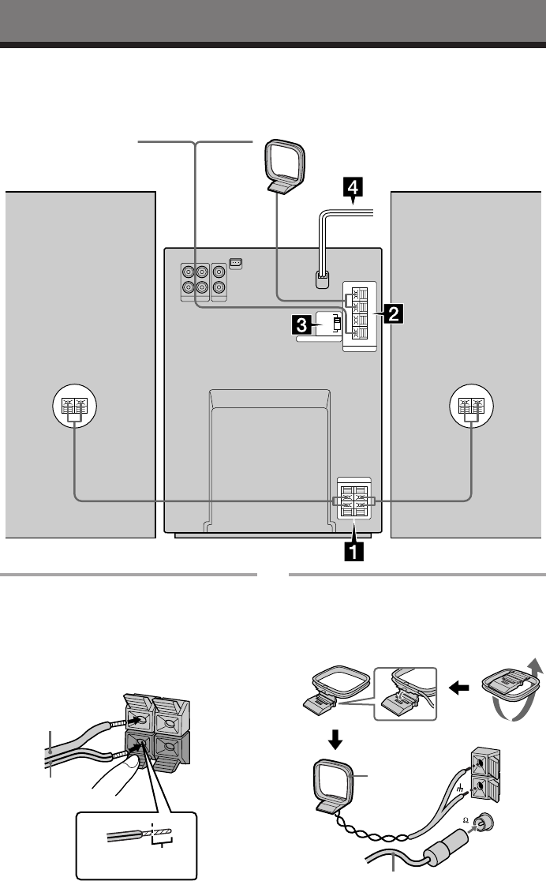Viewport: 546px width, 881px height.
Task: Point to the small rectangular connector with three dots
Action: point(235,263)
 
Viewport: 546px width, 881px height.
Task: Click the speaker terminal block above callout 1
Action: point(353,499)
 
